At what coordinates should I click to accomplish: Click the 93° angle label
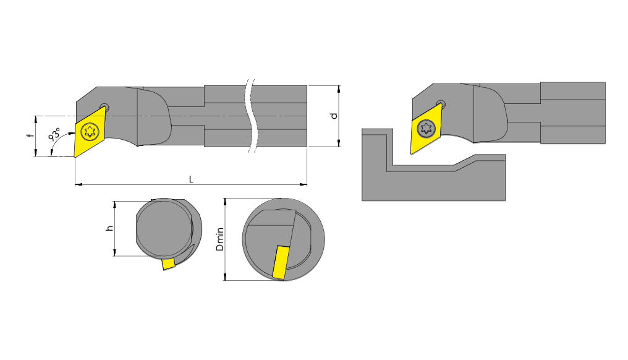pyautogui.click(x=54, y=134)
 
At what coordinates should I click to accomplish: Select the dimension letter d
pyautogui.click(x=333, y=116)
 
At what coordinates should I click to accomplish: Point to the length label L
pyautogui.click(x=191, y=179)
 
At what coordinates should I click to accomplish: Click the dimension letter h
pyautogui.click(x=109, y=228)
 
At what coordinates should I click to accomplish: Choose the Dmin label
pyautogui.click(x=219, y=239)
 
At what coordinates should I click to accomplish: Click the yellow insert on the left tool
pyautogui.click(x=90, y=132)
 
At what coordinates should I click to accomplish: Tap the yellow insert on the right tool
pyautogui.click(x=426, y=129)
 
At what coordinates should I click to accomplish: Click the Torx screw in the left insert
pyautogui.click(x=90, y=131)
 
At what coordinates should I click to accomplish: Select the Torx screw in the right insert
pyautogui.click(x=426, y=128)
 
